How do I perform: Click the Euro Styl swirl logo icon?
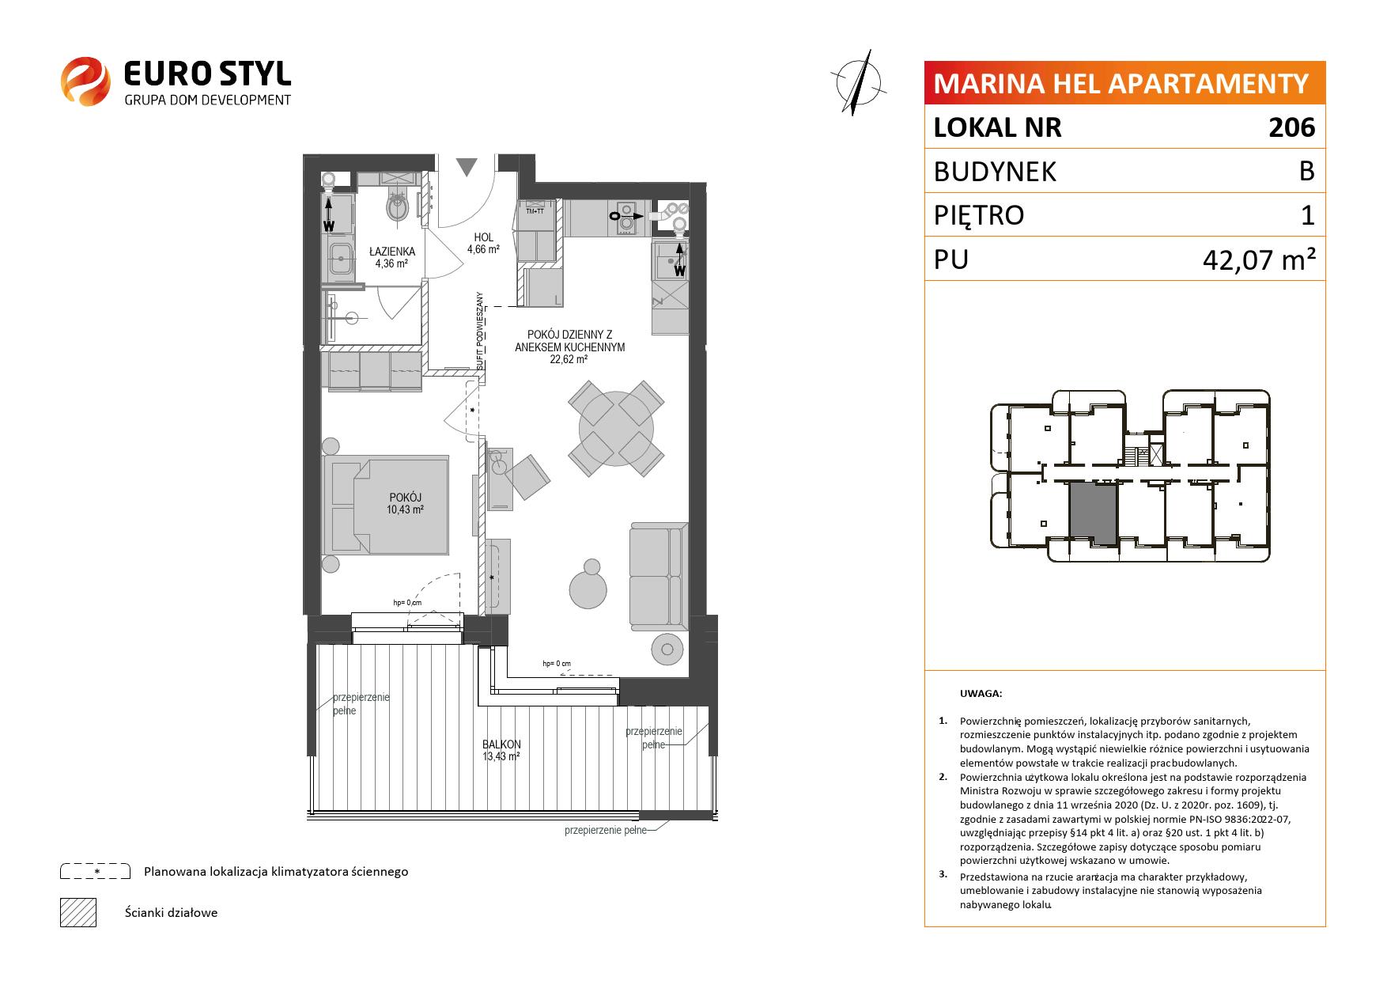click(85, 81)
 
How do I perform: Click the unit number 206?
click(1292, 127)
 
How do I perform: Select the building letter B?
click(1307, 171)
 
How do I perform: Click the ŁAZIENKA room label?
click(391, 252)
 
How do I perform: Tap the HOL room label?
click(483, 237)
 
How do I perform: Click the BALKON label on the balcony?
click(501, 744)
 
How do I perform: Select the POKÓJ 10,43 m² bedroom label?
click(406, 503)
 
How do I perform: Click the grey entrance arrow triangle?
click(467, 166)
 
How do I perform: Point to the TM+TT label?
click(535, 211)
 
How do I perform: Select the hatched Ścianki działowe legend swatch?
click(78, 912)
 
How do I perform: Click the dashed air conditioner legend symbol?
click(95, 871)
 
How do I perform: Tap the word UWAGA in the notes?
click(981, 694)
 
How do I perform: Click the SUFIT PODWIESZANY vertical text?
click(479, 331)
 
